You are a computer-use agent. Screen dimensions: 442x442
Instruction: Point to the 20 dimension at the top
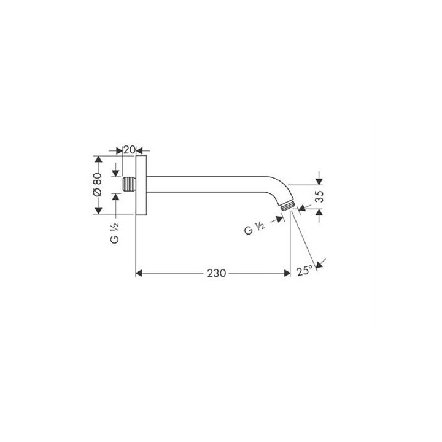click(x=129, y=149)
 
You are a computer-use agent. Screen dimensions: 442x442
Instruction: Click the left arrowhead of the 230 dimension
click(x=139, y=272)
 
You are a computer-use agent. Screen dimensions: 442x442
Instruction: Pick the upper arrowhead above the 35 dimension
click(x=318, y=180)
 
